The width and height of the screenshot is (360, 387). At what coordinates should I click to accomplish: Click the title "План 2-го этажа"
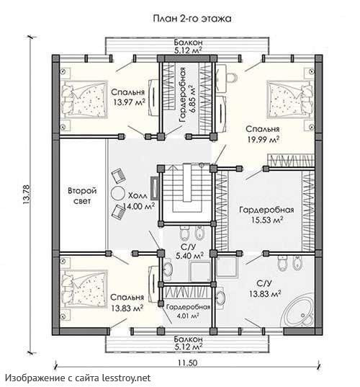[x=192, y=19]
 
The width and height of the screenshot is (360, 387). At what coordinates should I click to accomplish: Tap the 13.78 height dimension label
[x=26, y=195]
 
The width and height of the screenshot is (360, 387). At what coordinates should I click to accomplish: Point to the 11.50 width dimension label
[x=187, y=362]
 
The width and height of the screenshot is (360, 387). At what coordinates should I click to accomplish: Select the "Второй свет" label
[x=82, y=196]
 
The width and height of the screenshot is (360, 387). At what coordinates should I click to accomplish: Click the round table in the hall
[x=117, y=193]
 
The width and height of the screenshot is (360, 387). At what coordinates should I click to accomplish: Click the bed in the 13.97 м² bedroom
[x=84, y=99]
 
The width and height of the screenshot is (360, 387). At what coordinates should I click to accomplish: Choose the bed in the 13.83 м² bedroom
[x=84, y=289]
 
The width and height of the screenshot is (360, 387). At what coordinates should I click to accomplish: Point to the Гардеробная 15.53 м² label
[x=266, y=215]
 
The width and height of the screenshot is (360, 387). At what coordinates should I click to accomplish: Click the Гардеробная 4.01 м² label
[x=188, y=311]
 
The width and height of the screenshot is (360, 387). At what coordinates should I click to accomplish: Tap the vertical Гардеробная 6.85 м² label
[x=187, y=95]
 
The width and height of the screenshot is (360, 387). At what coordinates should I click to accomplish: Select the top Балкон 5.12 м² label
[x=188, y=46]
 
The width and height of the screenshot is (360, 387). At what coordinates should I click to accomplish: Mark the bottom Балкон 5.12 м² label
[x=188, y=343]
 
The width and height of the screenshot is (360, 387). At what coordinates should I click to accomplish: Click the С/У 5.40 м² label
[x=189, y=252]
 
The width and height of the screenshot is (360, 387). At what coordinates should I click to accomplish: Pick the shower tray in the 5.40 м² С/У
[x=200, y=272]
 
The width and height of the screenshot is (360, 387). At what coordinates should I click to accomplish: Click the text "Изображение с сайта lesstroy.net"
[x=78, y=378]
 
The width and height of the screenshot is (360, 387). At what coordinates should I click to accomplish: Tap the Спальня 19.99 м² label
[x=263, y=134]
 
